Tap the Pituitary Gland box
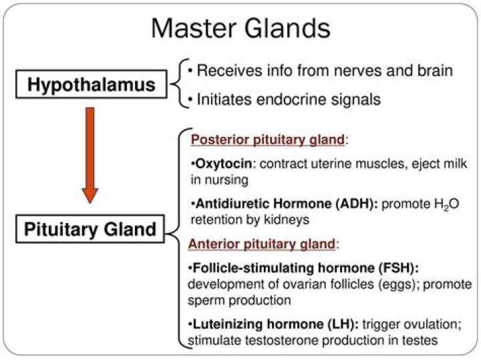pyautogui.click(x=90, y=230)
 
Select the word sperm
pyautogui.click(x=208, y=301)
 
